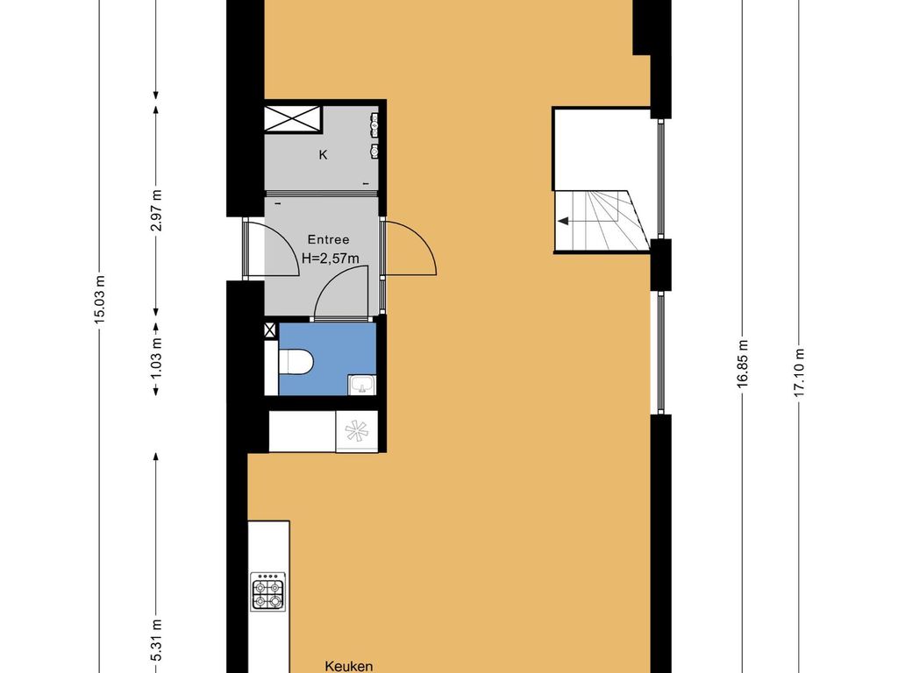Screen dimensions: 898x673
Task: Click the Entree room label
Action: click(x=328, y=240)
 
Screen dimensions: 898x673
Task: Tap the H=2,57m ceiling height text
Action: click(x=331, y=259)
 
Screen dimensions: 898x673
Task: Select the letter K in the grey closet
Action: click(x=323, y=154)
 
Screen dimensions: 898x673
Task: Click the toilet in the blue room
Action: click(x=296, y=362)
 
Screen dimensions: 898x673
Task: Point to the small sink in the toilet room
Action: click(x=361, y=385)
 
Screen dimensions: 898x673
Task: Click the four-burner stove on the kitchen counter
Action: click(x=268, y=592)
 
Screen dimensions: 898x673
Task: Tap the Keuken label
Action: click(x=349, y=666)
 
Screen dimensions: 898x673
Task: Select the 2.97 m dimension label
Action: click(x=156, y=210)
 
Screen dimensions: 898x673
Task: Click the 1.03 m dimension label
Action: click(x=156, y=357)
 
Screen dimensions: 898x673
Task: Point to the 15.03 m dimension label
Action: click(x=100, y=300)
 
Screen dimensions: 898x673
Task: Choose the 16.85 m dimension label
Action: click(x=743, y=364)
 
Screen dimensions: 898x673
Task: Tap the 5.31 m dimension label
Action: click(x=156, y=641)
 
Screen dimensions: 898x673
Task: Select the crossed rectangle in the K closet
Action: click(x=293, y=119)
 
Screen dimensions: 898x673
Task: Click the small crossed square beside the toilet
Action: click(x=270, y=329)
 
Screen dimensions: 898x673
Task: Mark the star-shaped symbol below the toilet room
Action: click(x=356, y=431)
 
